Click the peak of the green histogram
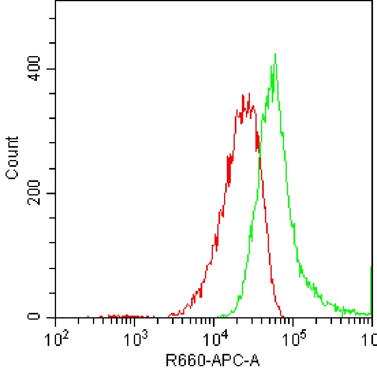(275, 54)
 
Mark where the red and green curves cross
(260, 157)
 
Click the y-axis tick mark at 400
(52, 69)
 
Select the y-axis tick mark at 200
(52, 193)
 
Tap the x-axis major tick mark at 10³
(135, 320)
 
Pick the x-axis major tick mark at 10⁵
(293, 320)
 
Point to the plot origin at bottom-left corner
(55, 318)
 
